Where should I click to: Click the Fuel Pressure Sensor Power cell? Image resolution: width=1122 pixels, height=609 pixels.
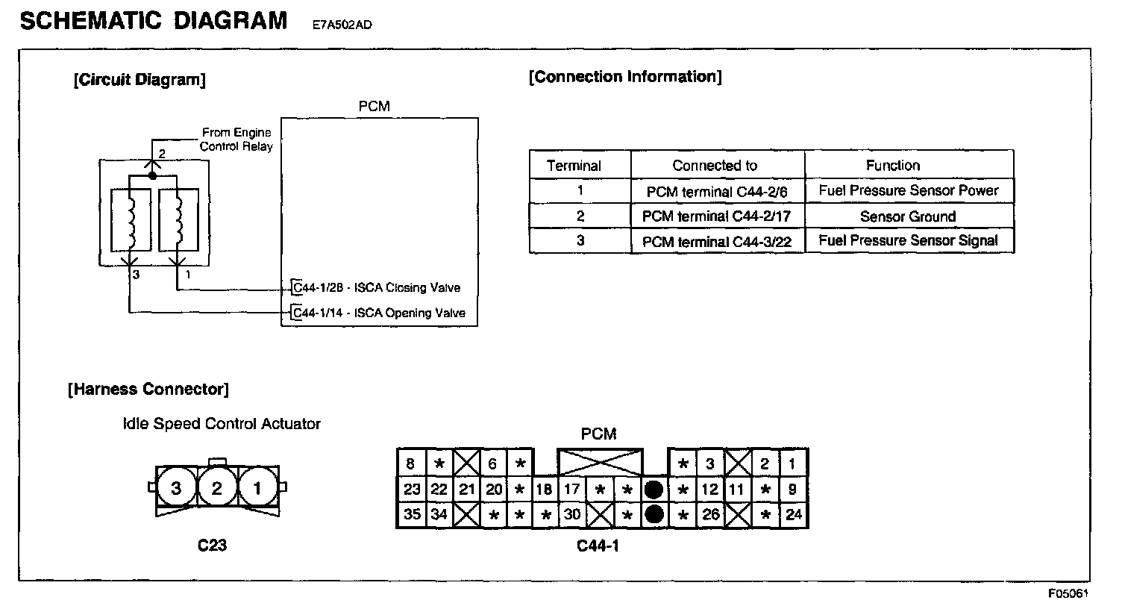[x=908, y=190]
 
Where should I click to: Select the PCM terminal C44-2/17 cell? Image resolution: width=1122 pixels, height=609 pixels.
[x=717, y=217]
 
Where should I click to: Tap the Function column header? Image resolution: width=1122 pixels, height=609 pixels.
[x=892, y=165]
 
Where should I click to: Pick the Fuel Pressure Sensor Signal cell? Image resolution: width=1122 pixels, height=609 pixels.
[x=908, y=240]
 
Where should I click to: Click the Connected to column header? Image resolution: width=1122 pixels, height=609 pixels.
[x=714, y=166]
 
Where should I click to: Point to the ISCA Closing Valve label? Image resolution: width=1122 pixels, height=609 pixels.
[x=377, y=287]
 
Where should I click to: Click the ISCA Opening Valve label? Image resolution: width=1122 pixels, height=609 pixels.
[x=380, y=313]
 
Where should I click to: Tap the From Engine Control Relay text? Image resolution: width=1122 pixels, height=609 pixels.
[x=236, y=139]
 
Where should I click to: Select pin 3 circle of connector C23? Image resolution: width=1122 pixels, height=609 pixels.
[x=176, y=489]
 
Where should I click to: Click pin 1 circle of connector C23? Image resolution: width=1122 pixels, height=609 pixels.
[x=257, y=489]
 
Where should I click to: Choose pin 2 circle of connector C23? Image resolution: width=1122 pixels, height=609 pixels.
[x=216, y=489]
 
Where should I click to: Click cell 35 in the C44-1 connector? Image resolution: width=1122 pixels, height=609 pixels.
[x=412, y=514]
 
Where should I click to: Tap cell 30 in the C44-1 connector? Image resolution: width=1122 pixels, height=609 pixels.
[x=572, y=514]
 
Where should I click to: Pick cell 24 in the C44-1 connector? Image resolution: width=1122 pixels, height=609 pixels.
[x=794, y=514]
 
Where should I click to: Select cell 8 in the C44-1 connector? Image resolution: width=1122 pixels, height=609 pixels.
[x=410, y=463]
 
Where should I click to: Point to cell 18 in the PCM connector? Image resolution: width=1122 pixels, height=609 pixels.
[x=544, y=490]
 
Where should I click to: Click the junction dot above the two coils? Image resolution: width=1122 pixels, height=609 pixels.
[x=152, y=176]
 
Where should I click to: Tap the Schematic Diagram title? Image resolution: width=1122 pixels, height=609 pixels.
[x=154, y=20]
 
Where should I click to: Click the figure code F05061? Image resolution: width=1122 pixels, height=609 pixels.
[x=1068, y=594]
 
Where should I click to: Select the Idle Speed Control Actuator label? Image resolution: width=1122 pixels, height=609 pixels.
[x=222, y=424]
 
